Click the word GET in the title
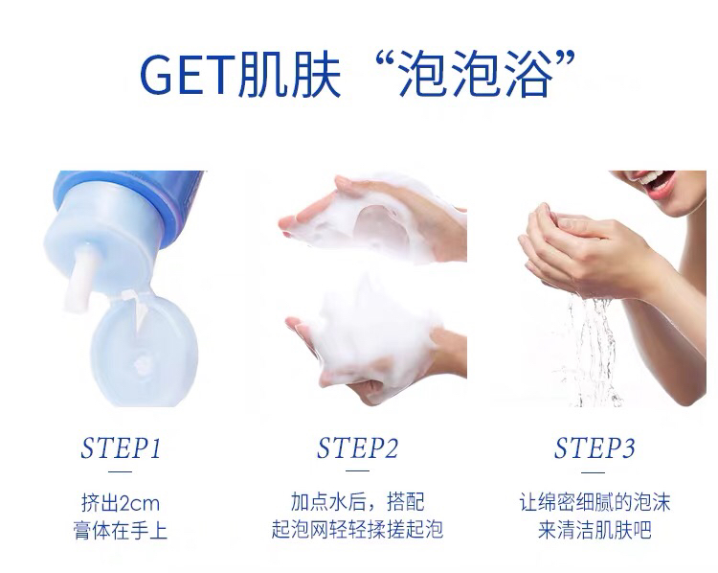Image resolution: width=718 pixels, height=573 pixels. (x=188, y=74)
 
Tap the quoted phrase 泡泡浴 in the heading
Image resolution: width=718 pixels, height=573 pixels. (x=474, y=74)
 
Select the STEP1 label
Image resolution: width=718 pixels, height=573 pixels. (x=122, y=448)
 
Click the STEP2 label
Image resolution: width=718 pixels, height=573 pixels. (x=358, y=448)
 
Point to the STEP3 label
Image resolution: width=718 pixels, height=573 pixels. (x=595, y=448)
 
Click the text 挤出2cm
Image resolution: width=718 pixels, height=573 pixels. (x=121, y=503)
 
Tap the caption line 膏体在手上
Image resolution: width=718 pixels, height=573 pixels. (x=121, y=531)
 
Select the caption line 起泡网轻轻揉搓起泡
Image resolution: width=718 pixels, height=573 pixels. (x=357, y=530)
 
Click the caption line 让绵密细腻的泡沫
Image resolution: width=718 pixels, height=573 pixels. (x=595, y=502)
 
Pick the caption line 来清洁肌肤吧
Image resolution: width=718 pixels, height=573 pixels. (x=595, y=530)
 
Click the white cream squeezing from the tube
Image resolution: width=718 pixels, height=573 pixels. (x=80, y=277)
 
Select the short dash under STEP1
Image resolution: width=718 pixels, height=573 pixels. (x=121, y=471)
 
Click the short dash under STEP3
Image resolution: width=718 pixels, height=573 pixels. (x=594, y=472)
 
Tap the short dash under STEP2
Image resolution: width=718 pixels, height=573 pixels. (x=358, y=470)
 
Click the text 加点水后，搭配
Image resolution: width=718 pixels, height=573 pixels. (x=358, y=502)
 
